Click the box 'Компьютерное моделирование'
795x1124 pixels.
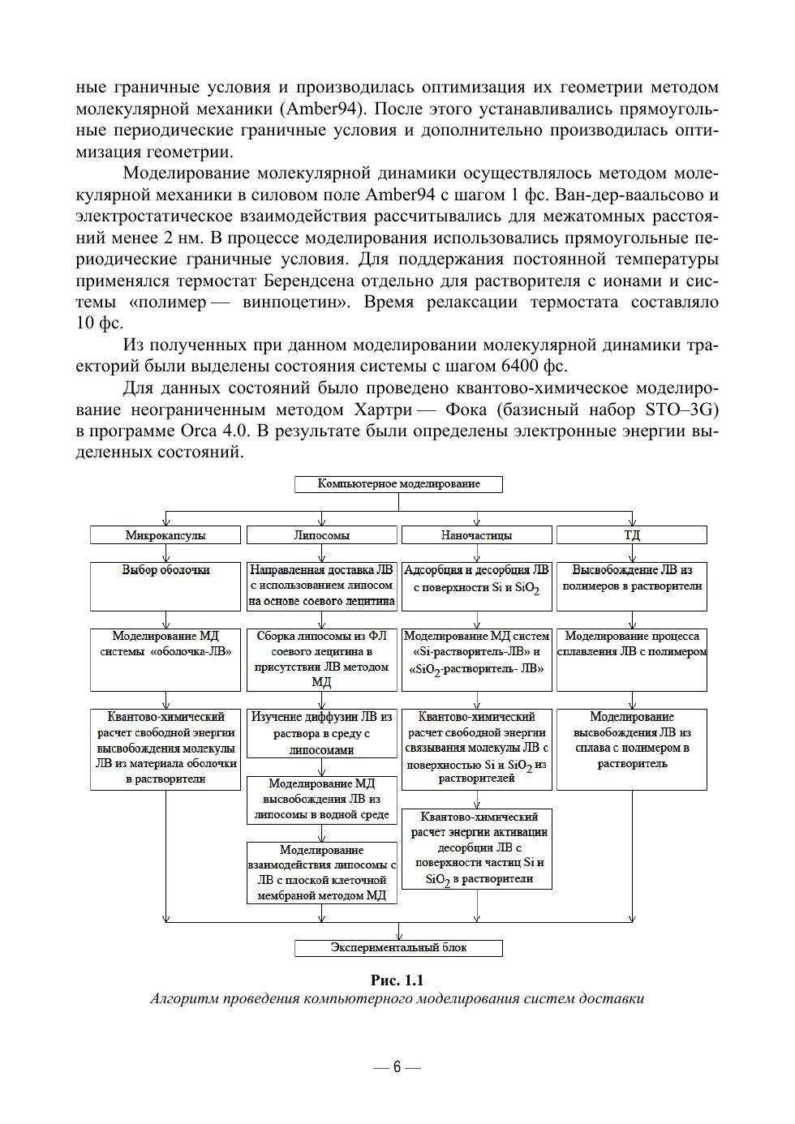[398, 484]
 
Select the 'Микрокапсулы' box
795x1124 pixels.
[165, 535]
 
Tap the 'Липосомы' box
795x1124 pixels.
[321, 535]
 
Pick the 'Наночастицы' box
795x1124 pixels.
[476, 535]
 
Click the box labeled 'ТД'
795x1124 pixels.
[632, 535]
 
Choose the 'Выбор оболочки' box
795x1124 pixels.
[165, 586]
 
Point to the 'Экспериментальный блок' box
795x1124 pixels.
[398, 947]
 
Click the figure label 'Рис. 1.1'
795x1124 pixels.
[397, 980]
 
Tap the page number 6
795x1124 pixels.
[397, 1066]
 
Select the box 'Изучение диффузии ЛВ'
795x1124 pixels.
[321, 733]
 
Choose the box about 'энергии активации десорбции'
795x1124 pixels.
[476, 848]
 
